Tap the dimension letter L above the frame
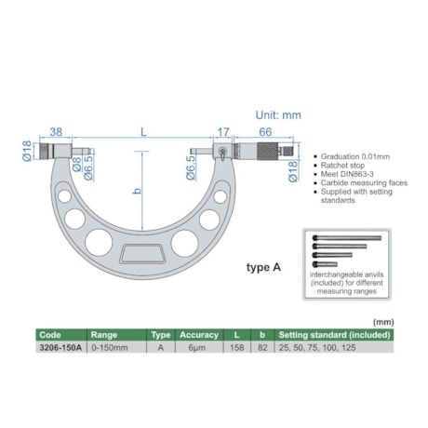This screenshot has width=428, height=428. [143, 132]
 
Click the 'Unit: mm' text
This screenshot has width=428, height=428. [279, 115]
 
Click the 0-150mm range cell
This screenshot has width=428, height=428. [108, 346]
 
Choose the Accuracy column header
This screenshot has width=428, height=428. [199, 334]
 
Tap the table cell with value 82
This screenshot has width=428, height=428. [264, 346]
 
